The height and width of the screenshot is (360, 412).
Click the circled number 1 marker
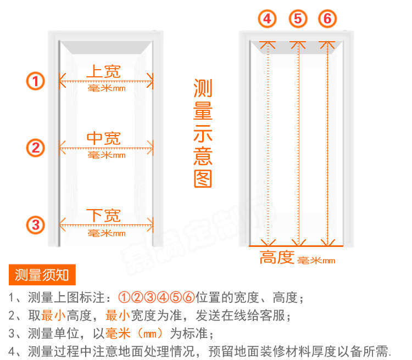coord(36,82)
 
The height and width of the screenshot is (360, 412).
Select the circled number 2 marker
coord(36,148)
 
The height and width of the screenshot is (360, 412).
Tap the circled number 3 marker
coord(36,224)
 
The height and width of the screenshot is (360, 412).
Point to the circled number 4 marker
coord(268,19)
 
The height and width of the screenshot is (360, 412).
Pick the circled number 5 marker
coord(298,19)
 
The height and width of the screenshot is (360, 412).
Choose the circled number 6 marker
coord(327,19)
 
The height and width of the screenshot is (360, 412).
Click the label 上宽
coord(103,71)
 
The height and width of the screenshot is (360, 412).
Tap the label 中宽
coord(103,138)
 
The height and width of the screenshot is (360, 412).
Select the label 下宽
coord(103,215)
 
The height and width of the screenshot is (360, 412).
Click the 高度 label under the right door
coord(277,257)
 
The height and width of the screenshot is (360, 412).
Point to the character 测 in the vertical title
coord(203,88)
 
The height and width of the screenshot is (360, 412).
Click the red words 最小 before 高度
coord(53,316)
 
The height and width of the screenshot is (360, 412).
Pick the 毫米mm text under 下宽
coord(107,233)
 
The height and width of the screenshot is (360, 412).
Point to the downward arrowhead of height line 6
coord(327,241)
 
